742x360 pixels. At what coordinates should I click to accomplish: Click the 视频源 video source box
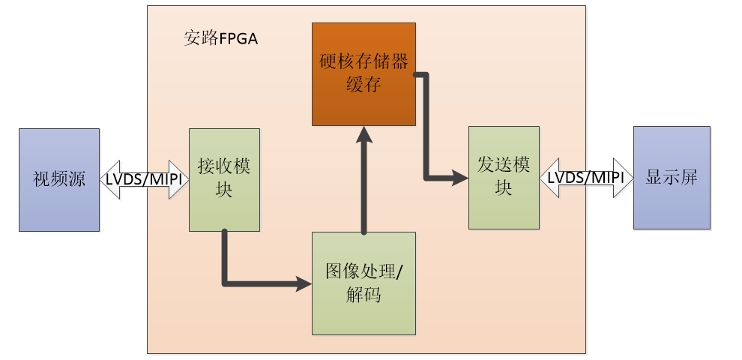click(59, 179)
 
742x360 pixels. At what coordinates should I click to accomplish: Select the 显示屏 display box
click(671, 178)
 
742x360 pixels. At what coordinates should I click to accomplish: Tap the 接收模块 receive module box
click(224, 179)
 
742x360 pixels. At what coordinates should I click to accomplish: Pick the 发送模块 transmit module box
click(504, 177)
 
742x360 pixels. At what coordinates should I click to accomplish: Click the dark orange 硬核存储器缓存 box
click(364, 73)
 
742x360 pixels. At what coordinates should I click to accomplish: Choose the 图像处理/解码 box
click(364, 283)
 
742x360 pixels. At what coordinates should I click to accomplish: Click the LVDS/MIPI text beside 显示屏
click(586, 178)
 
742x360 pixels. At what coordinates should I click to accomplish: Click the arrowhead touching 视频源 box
click(108, 179)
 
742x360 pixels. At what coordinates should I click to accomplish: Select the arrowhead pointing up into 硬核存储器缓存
click(364, 133)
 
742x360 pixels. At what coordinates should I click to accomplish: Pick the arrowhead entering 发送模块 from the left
click(460, 178)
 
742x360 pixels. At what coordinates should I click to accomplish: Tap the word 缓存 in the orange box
click(364, 84)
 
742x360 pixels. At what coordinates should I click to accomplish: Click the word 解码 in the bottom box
click(364, 295)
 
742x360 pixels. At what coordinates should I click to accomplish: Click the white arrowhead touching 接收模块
click(180, 179)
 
